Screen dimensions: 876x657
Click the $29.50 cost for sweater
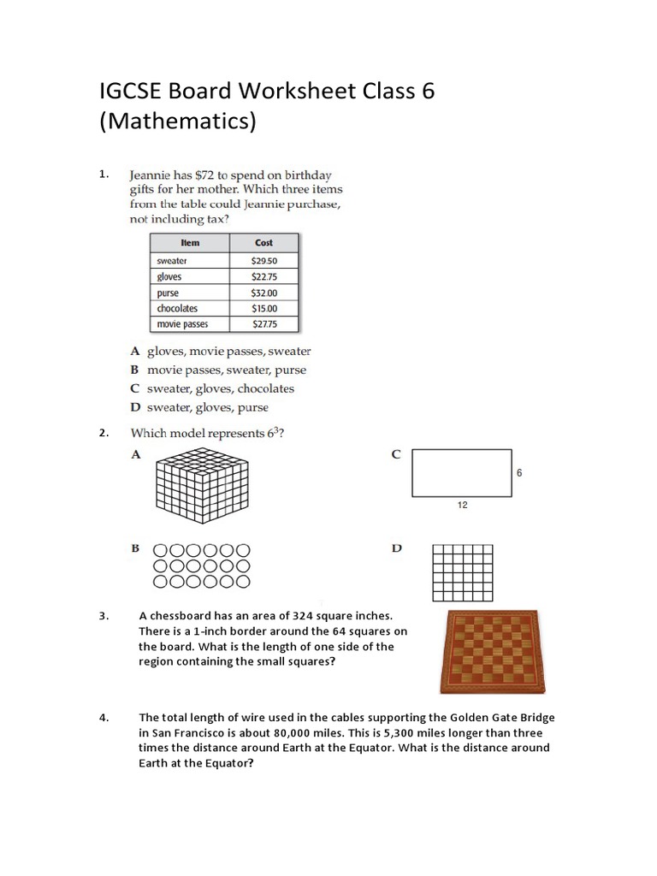click(x=264, y=261)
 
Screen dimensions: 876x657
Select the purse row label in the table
click(x=169, y=293)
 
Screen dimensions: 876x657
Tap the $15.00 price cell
click(x=264, y=308)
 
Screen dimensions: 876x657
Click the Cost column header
click(x=264, y=243)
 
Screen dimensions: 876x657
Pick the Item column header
click(x=190, y=243)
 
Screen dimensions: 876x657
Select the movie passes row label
click(x=182, y=324)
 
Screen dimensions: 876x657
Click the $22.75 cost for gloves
click(x=264, y=277)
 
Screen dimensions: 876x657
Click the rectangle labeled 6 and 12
click(x=462, y=473)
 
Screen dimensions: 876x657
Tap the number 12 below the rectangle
click(x=463, y=506)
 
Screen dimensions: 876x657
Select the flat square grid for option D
click(x=463, y=572)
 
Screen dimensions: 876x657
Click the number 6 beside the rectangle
click(x=519, y=472)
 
